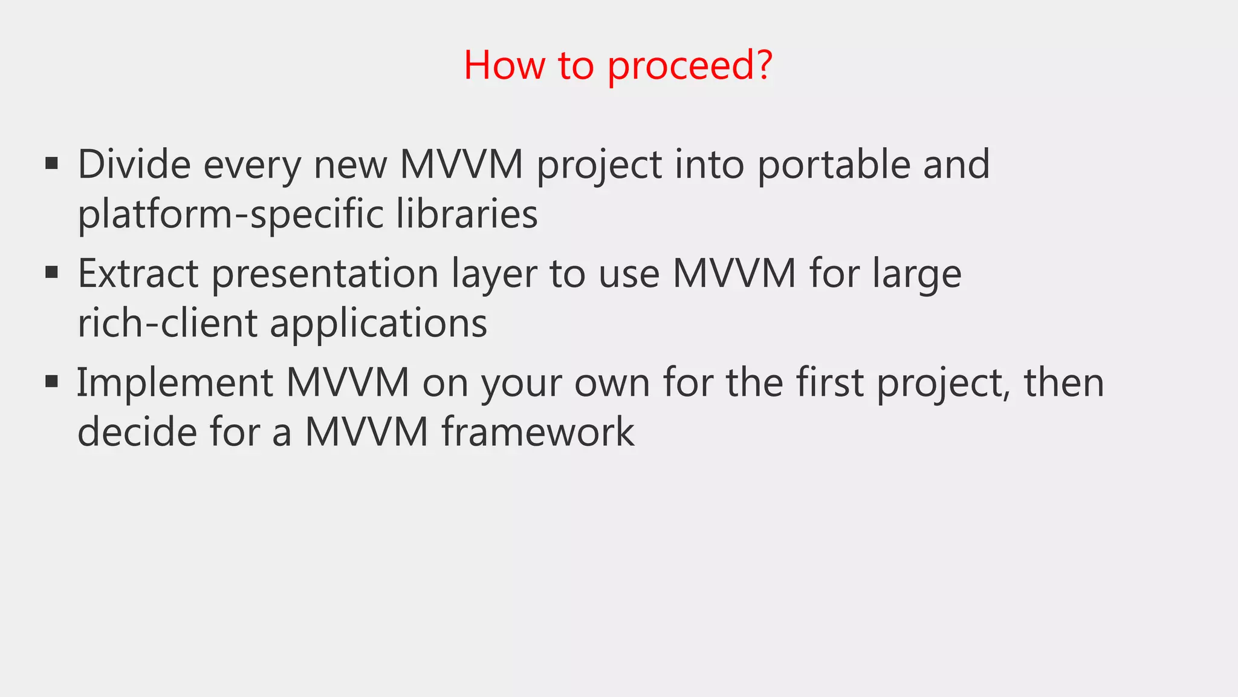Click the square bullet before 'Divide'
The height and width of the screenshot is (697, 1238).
pos(52,163)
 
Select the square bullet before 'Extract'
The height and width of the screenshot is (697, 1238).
pos(52,272)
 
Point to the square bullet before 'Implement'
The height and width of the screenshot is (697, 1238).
pos(52,381)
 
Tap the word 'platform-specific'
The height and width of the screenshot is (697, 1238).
pos(230,214)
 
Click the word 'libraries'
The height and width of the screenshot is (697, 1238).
pos(467,214)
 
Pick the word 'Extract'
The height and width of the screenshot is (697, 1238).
pos(138,273)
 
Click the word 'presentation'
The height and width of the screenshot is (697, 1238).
pos(325,273)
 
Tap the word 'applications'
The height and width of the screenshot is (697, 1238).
pos(378,324)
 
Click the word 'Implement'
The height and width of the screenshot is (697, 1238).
pos(175,383)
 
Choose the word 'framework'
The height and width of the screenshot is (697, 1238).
pos(538,432)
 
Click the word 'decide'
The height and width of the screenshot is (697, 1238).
pos(137,432)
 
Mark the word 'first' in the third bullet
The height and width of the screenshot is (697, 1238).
pos(829,383)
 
